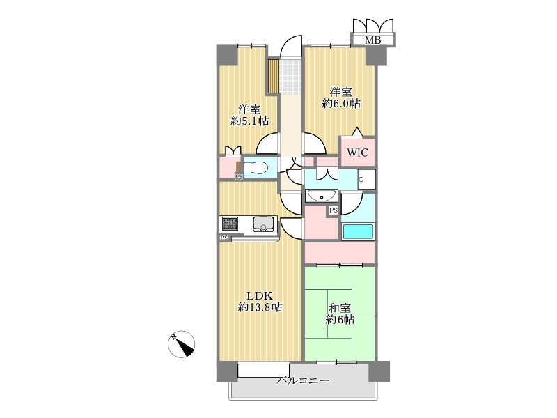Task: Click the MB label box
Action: tap(373, 40)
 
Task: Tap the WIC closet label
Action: tap(357, 153)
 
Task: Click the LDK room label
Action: tap(260, 295)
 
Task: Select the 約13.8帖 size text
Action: tap(260, 307)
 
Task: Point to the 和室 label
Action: tap(340, 308)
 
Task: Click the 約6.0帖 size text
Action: tap(341, 104)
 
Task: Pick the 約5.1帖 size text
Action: tap(249, 121)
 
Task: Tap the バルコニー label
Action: tap(303, 380)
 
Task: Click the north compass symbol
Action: tap(181, 344)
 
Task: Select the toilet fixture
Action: tap(255, 167)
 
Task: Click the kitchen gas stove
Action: tap(230, 224)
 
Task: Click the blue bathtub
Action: tap(358, 231)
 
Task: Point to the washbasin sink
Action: tap(322, 196)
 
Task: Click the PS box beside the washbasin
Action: tap(334, 211)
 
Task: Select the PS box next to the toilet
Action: tap(240, 176)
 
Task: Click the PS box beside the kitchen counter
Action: tap(224, 238)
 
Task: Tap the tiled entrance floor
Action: tap(290, 77)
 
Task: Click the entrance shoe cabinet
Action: tap(273, 77)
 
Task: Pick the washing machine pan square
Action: tap(366, 180)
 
